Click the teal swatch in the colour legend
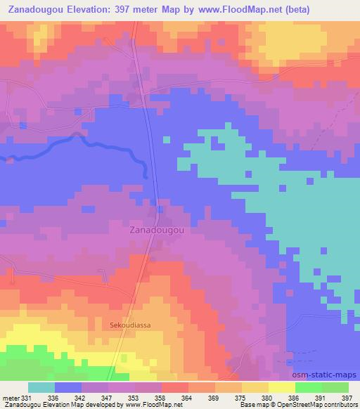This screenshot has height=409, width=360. [x=41, y=387]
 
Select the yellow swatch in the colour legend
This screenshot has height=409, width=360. [x=281, y=387]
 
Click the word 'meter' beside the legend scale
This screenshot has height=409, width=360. [x=10, y=397]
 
